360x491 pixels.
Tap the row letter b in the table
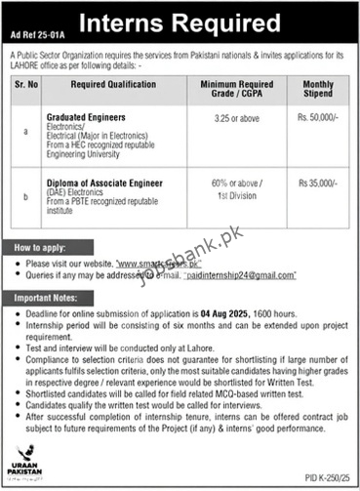32,196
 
